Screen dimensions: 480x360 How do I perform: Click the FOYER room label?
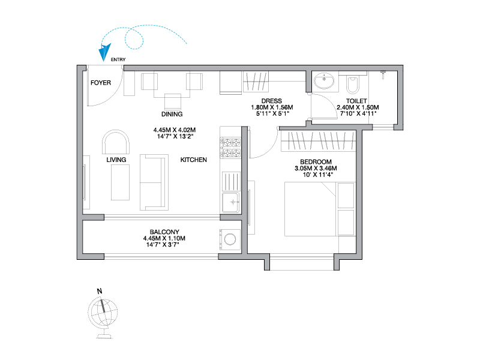(x=101, y=83)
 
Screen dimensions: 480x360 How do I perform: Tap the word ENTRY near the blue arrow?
(x=118, y=59)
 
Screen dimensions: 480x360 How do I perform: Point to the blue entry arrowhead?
(x=104, y=53)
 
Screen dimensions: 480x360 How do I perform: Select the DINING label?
(x=172, y=114)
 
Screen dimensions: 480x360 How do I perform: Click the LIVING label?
(x=116, y=160)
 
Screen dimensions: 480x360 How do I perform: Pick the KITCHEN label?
(x=193, y=160)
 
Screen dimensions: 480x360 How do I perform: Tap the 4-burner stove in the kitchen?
(x=231, y=148)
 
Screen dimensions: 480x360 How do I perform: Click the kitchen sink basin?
(x=231, y=202)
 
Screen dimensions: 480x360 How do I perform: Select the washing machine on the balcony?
(x=230, y=239)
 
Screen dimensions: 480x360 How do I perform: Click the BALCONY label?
(x=164, y=232)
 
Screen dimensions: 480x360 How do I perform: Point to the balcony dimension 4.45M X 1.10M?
(x=164, y=238)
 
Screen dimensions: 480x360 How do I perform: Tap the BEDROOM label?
(x=316, y=162)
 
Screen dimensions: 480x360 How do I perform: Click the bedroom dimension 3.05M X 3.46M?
(x=316, y=169)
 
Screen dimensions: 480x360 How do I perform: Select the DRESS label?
(x=272, y=101)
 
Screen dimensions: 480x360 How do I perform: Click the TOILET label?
(x=356, y=101)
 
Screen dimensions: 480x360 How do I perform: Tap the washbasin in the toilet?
(x=324, y=80)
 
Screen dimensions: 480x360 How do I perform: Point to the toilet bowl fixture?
(x=353, y=85)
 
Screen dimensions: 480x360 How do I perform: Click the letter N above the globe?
(x=100, y=291)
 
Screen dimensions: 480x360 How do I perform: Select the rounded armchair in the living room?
(x=116, y=142)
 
